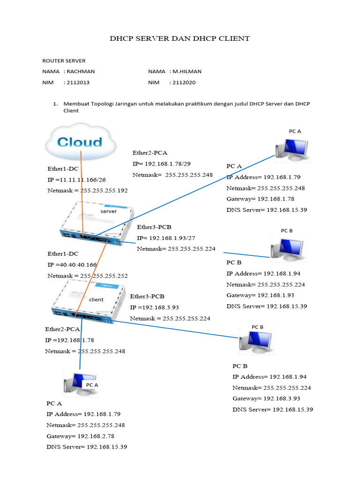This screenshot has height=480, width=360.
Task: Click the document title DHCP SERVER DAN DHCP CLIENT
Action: pos(180,38)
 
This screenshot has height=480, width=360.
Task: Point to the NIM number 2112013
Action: pos(78,82)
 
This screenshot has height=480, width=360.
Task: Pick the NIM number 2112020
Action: pos(184,82)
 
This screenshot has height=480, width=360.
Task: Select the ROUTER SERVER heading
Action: pos(64,60)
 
